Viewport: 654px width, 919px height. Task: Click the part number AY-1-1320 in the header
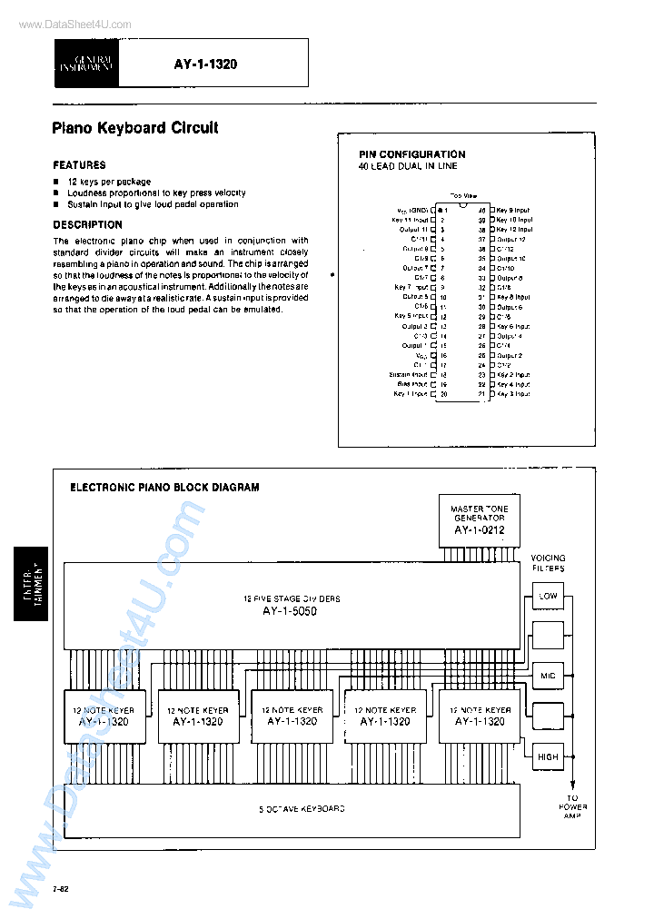point(205,64)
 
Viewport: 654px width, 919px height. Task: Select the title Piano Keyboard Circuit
point(135,128)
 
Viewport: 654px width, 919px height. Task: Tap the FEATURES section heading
point(79,165)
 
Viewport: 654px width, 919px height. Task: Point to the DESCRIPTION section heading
point(87,224)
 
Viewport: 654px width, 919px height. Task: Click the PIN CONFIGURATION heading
point(411,154)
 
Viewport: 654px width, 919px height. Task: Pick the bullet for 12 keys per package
point(56,183)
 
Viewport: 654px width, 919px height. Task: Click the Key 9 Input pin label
point(513,210)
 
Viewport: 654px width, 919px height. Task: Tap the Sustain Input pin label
point(409,374)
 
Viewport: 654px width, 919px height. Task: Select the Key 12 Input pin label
point(514,230)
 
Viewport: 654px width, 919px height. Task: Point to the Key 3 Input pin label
point(513,394)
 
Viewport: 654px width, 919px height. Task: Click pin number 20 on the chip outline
point(444,394)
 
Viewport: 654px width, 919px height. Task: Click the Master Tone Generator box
point(480,520)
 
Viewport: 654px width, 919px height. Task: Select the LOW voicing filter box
point(548,597)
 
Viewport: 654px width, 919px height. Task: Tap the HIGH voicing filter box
point(548,756)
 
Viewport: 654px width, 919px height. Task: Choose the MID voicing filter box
point(548,677)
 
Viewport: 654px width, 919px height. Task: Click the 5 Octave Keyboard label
point(289,808)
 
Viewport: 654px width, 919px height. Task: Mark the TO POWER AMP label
point(573,807)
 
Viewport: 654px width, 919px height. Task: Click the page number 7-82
point(61,887)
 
